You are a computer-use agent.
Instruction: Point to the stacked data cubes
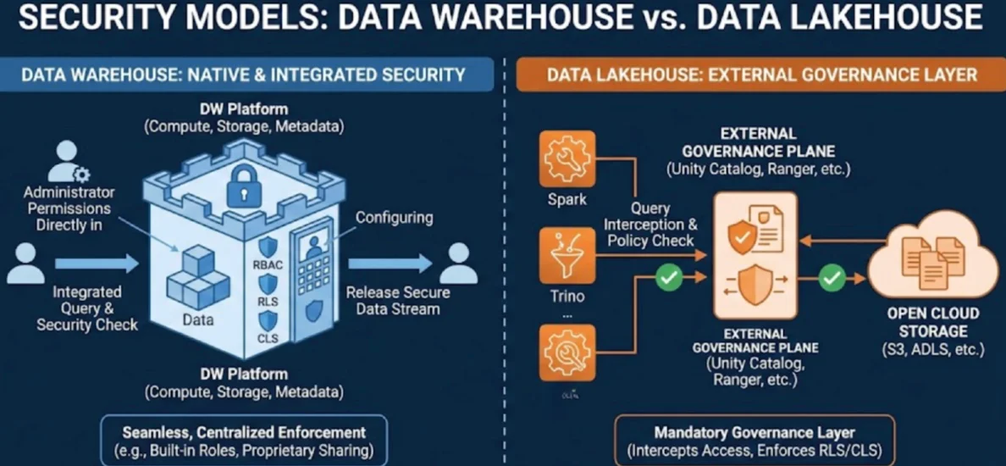[196, 276]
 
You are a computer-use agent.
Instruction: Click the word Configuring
[394, 218]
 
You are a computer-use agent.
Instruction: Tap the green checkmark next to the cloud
[833, 277]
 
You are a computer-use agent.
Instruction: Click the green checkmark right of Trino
[669, 277]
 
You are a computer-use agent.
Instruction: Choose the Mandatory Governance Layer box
[754, 441]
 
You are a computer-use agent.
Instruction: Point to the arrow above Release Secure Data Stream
[385, 264]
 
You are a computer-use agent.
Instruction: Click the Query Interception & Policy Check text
[651, 225]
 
